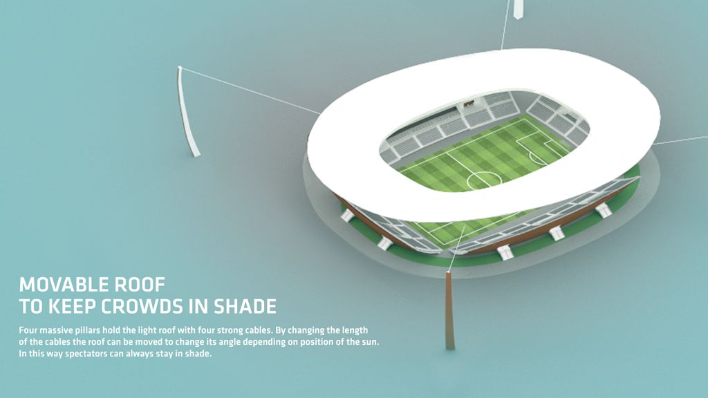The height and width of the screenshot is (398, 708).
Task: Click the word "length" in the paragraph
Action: pyautogui.click(x=354, y=331)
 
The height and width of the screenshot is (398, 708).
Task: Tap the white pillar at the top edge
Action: pyautogui.click(x=519, y=9)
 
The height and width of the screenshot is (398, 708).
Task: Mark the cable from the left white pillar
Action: pyautogui.click(x=250, y=91)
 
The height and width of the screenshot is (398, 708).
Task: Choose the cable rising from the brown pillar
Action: pyautogui.click(x=456, y=248)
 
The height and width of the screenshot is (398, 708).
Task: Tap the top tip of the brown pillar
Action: pyautogui.click(x=449, y=272)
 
